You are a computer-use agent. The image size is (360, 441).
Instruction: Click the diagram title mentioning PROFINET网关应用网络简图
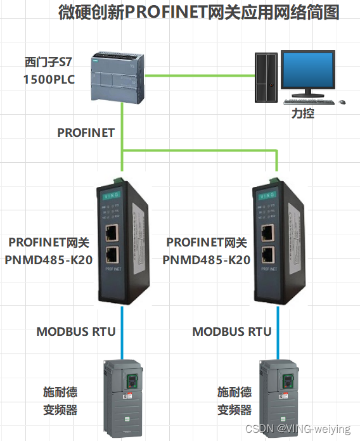(198, 12)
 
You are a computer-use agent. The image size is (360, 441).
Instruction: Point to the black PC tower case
(266, 77)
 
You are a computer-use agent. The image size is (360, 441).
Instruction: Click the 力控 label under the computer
(303, 114)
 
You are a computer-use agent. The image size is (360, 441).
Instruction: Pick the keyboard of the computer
(307, 102)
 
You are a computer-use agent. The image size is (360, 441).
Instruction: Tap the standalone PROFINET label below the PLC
(86, 132)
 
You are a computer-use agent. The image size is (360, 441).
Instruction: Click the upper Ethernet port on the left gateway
(115, 232)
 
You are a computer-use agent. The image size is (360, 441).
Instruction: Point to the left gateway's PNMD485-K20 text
(50, 259)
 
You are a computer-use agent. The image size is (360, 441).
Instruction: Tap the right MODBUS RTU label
(232, 331)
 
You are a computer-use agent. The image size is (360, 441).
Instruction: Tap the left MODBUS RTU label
(75, 331)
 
